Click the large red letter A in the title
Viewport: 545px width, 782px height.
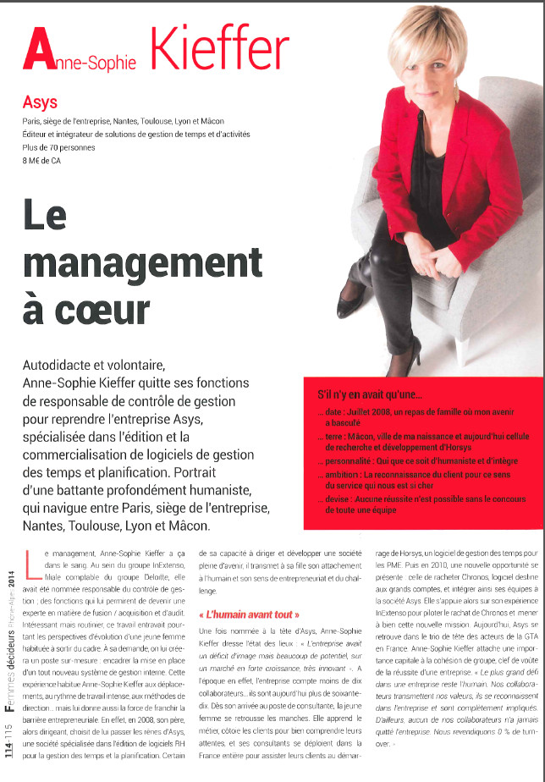click(x=39, y=49)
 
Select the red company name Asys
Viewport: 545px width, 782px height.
click(x=40, y=102)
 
